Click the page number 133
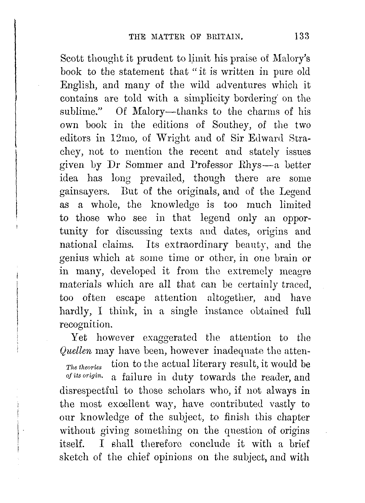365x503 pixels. (x=302, y=36)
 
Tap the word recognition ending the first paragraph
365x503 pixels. (x=86, y=325)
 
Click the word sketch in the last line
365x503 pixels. (x=72, y=457)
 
